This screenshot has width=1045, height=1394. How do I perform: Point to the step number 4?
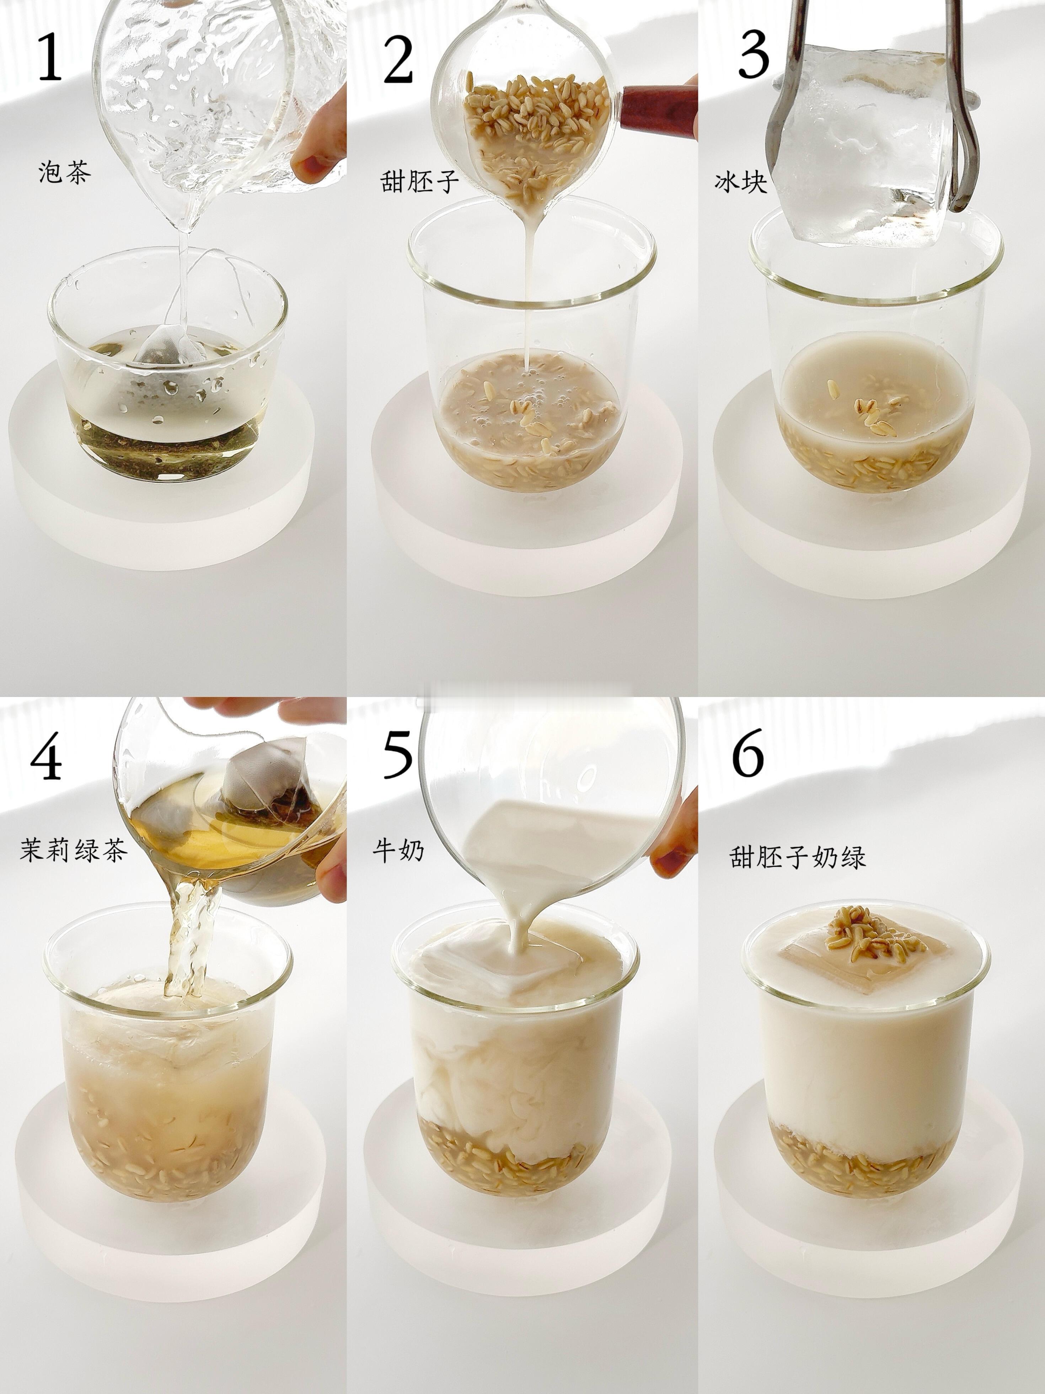(46, 756)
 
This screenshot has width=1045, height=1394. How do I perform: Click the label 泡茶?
(65, 171)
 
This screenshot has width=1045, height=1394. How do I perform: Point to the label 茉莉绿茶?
(74, 850)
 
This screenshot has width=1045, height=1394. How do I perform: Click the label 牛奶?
(398, 851)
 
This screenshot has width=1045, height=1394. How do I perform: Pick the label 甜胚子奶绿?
(798, 856)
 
